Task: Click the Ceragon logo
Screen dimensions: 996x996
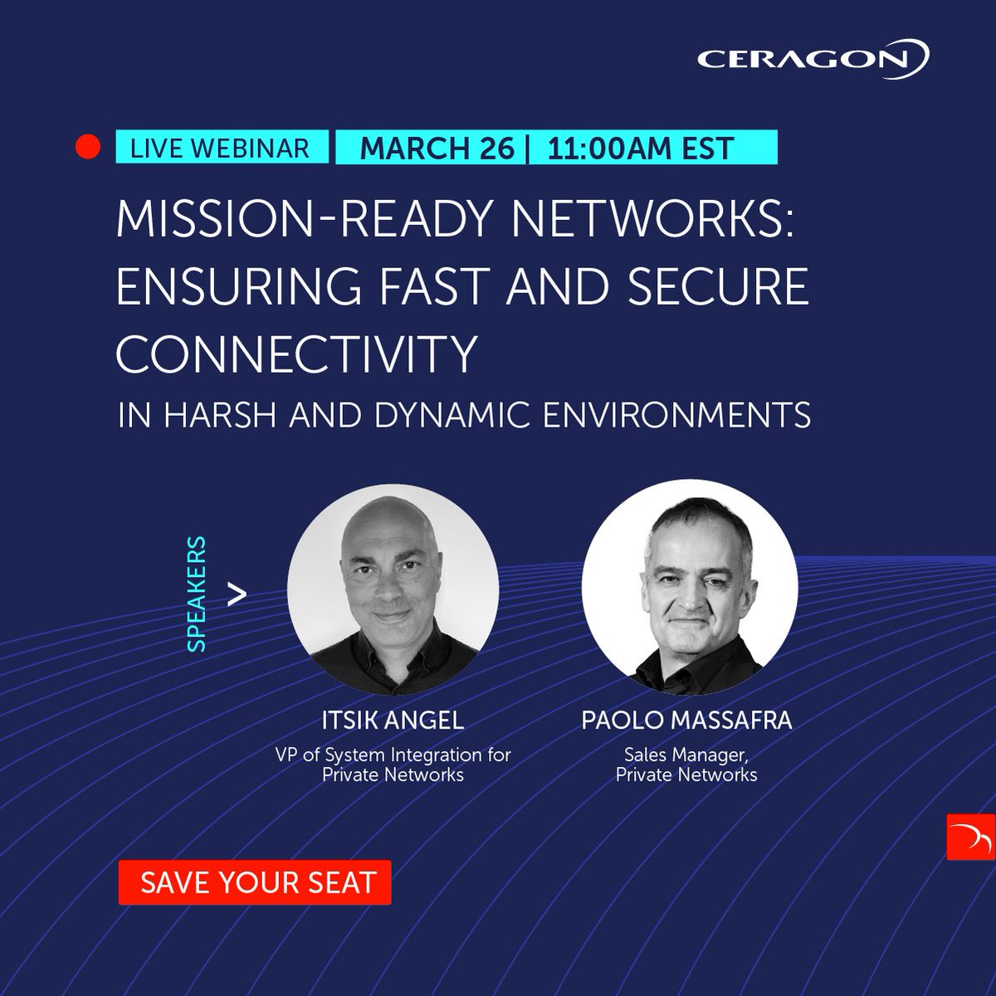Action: [x=813, y=59]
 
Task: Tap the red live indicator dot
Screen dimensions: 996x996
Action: [x=87, y=148]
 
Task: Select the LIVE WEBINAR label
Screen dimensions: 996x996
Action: [x=220, y=148]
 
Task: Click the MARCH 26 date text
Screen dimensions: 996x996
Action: [x=437, y=149]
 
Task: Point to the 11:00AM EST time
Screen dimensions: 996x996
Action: [x=641, y=149]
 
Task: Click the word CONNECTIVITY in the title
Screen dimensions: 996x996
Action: [x=295, y=354]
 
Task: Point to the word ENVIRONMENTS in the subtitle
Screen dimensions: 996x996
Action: [x=676, y=415]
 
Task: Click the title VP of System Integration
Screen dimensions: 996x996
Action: [x=393, y=755]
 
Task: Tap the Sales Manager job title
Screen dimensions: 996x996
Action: [x=686, y=755]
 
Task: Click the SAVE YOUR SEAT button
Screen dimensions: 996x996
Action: [x=255, y=881]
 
